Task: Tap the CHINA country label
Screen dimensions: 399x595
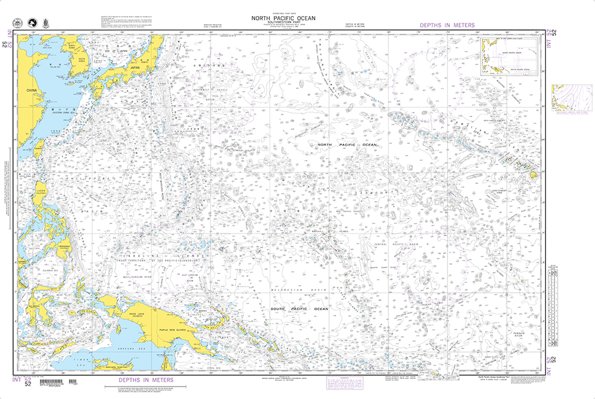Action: (x=32, y=91)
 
